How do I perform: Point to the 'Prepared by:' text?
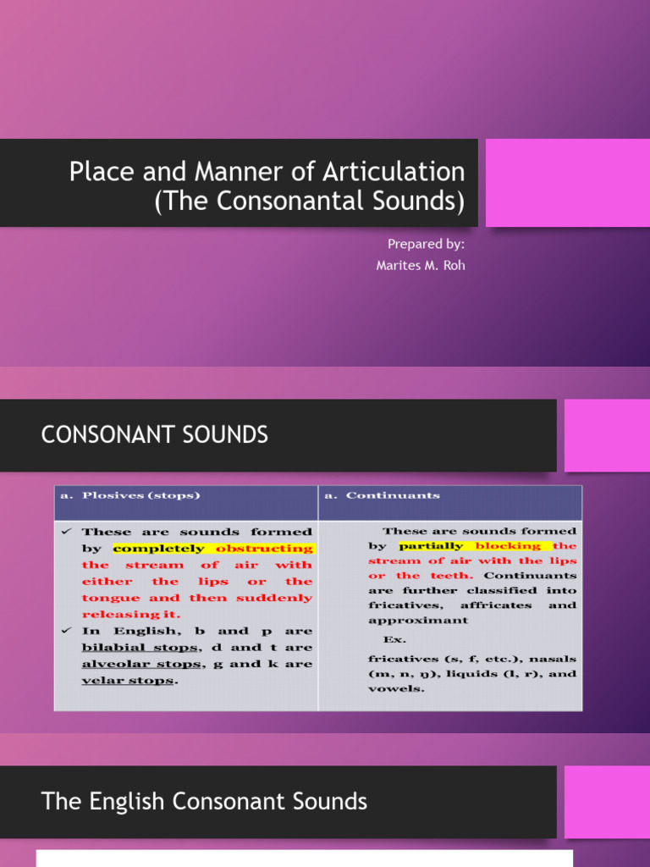[426, 244]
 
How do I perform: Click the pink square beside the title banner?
[567, 183]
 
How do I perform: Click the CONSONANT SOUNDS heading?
[155, 435]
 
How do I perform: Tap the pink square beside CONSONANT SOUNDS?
[606, 435]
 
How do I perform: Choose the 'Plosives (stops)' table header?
[140, 495]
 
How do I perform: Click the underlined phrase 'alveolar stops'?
[143, 664]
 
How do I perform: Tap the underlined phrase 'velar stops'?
[128, 681]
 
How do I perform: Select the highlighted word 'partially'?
[430, 546]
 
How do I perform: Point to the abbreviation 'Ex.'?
[394, 640]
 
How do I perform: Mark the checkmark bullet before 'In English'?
[65, 631]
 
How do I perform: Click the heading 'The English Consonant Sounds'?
[204, 801]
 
